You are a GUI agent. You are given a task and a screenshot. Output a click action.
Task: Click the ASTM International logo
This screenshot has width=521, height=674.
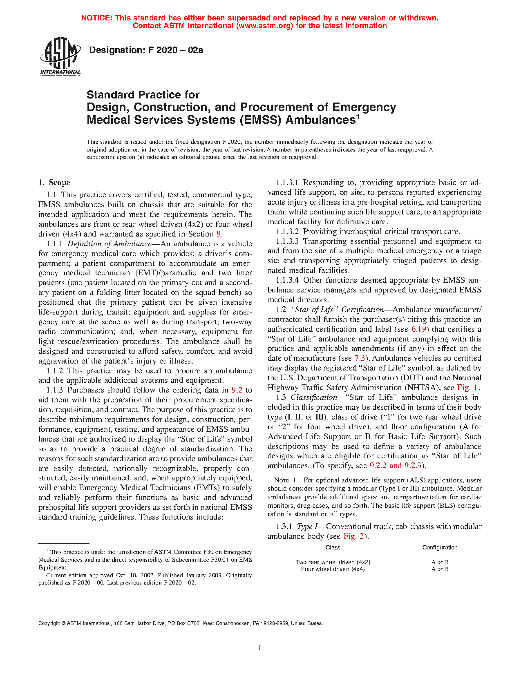coord(60,56)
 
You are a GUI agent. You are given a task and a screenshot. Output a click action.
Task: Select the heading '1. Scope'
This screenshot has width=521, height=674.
coord(54,183)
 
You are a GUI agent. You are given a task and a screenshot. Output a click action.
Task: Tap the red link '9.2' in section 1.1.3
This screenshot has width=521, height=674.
coord(237,390)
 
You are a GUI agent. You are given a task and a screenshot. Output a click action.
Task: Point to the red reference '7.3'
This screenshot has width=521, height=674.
coord(359,358)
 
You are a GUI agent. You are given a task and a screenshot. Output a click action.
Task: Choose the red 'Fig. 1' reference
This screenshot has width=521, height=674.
coord(467,388)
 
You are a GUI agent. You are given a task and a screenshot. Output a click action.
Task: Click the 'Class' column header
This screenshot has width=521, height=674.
coord(333,547)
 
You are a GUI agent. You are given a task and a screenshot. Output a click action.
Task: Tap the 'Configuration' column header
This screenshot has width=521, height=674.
coord(440,547)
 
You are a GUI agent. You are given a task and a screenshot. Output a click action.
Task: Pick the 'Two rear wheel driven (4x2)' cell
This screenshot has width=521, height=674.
coord(333,562)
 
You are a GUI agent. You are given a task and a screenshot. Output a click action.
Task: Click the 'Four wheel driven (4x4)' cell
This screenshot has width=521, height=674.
coord(333,569)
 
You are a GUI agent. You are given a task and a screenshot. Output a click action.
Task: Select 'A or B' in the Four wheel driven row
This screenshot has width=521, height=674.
coord(440,569)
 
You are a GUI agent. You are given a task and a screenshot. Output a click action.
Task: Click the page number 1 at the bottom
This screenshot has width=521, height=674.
coord(260,647)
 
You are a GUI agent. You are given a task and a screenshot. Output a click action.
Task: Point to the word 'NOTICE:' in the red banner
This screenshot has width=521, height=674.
coord(97,18)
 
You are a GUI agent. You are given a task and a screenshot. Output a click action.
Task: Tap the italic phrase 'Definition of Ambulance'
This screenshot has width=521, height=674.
coord(110,244)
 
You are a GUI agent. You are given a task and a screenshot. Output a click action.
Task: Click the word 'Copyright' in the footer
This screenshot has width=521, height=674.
coord(49,623)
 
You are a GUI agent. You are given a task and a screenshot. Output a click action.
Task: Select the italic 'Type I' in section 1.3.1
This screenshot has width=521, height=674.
coord(304,527)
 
